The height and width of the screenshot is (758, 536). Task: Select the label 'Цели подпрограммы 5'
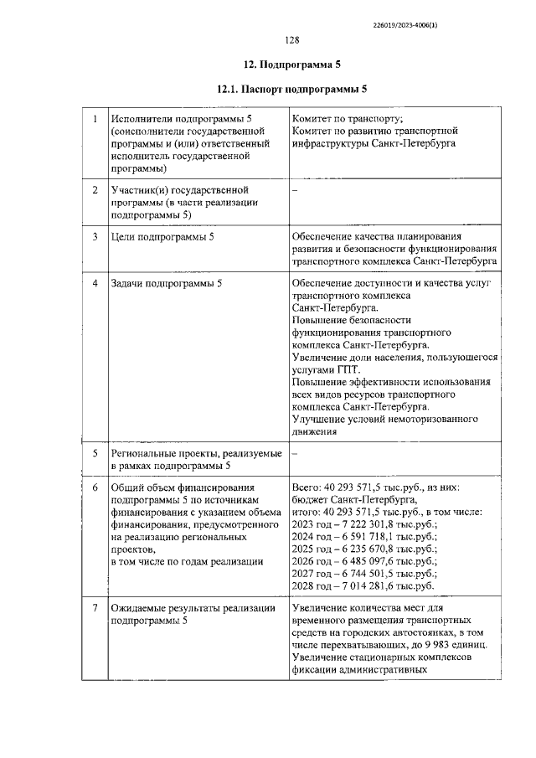point(162,237)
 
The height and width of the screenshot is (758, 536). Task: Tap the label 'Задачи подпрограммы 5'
point(166,284)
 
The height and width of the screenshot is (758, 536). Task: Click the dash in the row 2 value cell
point(294,192)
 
